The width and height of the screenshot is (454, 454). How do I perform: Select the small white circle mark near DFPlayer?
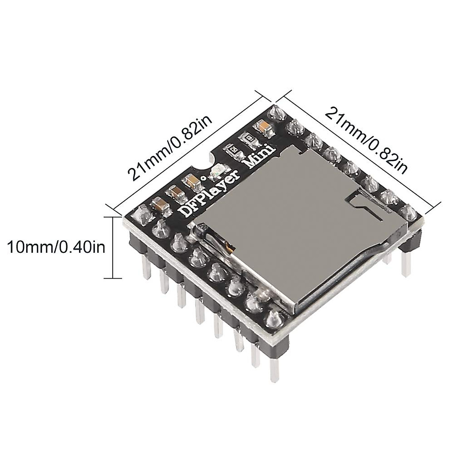tap(204, 177)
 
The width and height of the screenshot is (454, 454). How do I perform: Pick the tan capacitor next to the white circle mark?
tap(191, 182)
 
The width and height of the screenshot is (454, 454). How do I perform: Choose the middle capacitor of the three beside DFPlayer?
tap(175, 193)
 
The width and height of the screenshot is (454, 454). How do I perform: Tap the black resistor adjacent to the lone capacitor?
tap(250, 139)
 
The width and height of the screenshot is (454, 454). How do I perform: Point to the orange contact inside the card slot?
tap(229, 249)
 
